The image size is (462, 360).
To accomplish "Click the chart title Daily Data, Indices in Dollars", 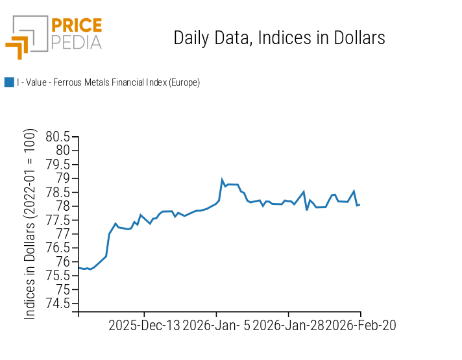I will pos(279,38).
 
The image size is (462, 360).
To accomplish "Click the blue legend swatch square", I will pos(9,82).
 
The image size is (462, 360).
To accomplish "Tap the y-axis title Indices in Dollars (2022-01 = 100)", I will pos(30,224).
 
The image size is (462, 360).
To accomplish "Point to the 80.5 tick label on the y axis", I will pos(58,137).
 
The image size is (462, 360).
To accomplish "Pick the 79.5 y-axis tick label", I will pos(58,165).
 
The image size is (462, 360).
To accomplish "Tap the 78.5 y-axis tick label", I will pos(58,193).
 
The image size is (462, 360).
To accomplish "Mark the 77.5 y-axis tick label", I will pos(58,221).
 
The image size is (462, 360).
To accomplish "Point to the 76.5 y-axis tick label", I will pos(58,248).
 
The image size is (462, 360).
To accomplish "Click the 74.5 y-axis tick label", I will pos(58,304).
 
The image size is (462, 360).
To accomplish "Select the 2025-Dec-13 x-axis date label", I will pos(144,325).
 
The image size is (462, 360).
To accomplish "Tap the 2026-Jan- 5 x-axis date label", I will pos(216,325).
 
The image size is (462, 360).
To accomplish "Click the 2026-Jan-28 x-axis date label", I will pos(288,325).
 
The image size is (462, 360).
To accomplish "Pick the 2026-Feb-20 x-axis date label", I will pos(360,325).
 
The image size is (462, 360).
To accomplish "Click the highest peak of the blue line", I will pos(222,180).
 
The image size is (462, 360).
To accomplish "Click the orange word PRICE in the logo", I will pos(76,26).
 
